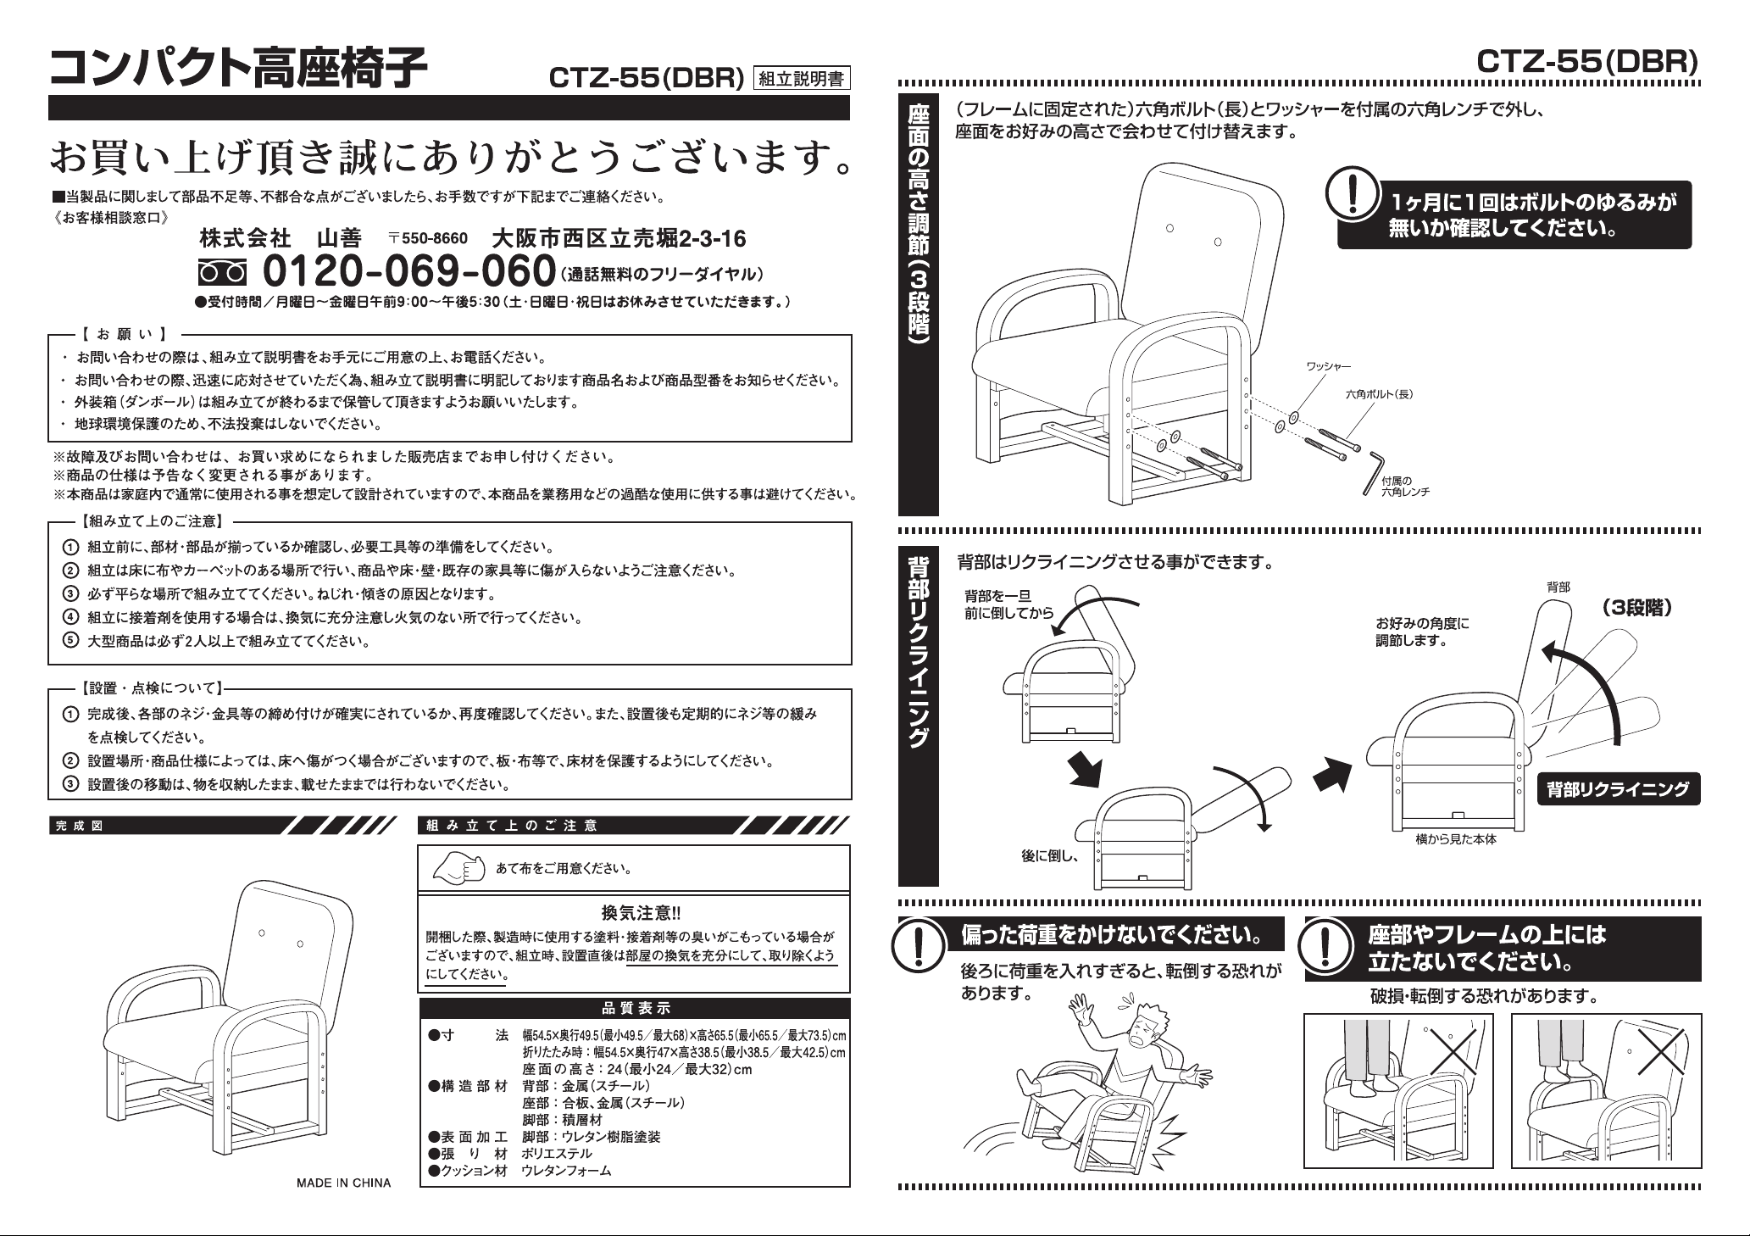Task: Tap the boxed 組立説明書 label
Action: click(x=801, y=80)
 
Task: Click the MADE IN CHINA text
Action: click(x=343, y=1183)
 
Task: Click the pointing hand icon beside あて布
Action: click(x=458, y=867)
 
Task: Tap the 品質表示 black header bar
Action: click(x=635, y=1008)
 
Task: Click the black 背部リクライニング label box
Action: click(x=1618, y=789)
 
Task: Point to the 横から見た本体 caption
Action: click(x=1456, y=839)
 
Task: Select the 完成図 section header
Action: click(x=79, y=826)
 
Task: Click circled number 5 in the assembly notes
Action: click(x=73, y=641)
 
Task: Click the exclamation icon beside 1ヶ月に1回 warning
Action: click(x=1354, y=195)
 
